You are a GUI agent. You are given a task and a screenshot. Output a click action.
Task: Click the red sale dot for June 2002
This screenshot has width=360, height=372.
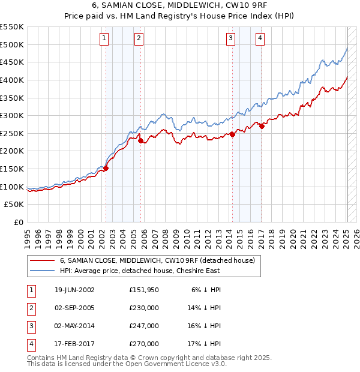[106, 169]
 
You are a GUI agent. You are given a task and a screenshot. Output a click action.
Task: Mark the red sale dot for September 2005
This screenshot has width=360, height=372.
[140, 141]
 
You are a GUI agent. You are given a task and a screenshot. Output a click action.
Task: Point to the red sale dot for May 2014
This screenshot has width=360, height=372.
[232, 134]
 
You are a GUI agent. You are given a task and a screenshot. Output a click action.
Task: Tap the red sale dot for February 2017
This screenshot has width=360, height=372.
[262, 126]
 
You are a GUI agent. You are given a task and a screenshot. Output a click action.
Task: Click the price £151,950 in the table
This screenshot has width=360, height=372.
[144, 290]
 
